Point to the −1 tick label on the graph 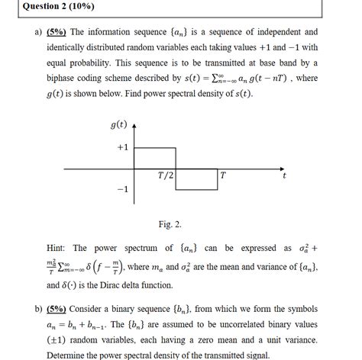tap(123, 188)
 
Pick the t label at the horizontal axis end tap(284, 175)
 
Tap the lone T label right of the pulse tap(222, 175)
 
